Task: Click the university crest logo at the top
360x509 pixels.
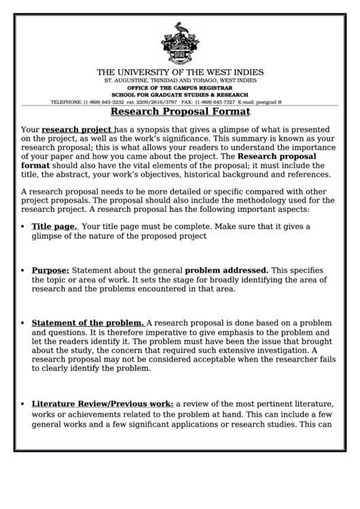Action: [x=179, y=42]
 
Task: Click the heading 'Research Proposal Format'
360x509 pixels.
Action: [x=180, y=111]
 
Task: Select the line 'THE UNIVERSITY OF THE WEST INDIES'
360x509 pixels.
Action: [x=180, y=72]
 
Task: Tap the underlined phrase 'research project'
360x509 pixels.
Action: [x=77, y=129]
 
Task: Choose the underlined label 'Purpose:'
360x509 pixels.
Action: [x=50, y=270]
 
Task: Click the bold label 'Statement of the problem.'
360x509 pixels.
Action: [x=88, y=322]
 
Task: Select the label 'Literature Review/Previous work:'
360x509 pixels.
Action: [x=103, y=402]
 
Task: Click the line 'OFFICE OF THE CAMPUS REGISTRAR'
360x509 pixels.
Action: [x=180, y=88]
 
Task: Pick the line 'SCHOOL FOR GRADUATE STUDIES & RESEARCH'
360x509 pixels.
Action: [x=180, y=94]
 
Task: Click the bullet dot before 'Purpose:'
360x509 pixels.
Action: [x=24, y=270]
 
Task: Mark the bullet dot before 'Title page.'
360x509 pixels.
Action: [x=24, y=227]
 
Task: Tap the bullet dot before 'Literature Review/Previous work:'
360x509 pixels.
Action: [x=24, y=403]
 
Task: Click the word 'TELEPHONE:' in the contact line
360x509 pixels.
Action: [x=67, y=102]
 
